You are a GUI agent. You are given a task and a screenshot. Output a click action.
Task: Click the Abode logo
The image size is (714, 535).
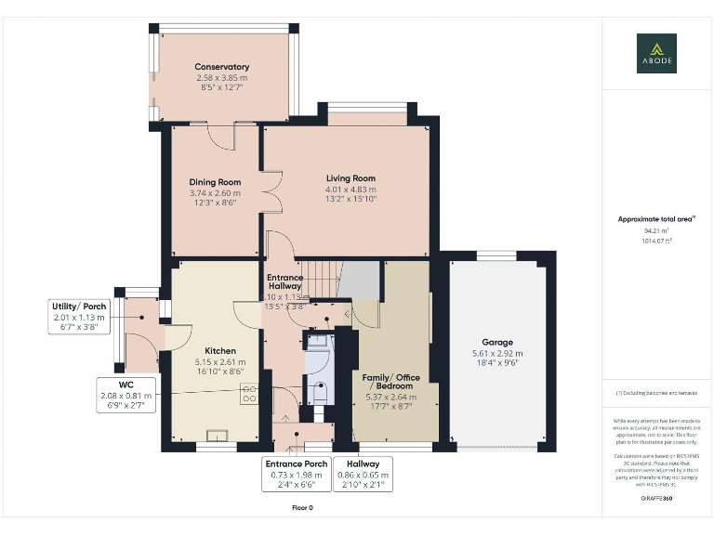[656, 53]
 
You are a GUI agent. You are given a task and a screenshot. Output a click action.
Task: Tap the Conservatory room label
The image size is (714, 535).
[221, 67]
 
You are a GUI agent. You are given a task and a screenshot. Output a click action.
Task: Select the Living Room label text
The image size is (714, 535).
[350, 178]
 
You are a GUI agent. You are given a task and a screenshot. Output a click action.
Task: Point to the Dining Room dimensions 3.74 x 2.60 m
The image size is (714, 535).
[215, 193]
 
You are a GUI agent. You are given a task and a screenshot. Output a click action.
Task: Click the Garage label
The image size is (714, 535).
[497, 342]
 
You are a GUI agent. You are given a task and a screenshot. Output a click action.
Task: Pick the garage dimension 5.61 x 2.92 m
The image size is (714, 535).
[497, 353]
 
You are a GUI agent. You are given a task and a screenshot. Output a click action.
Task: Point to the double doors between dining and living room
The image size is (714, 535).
[271, 193]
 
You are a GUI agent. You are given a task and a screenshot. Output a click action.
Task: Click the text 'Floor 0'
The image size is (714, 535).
[302, 508]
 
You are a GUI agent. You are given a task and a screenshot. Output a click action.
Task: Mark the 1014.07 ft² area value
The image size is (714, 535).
[656, 240]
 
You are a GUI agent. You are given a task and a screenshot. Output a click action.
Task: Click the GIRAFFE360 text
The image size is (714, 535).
[656, 500]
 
